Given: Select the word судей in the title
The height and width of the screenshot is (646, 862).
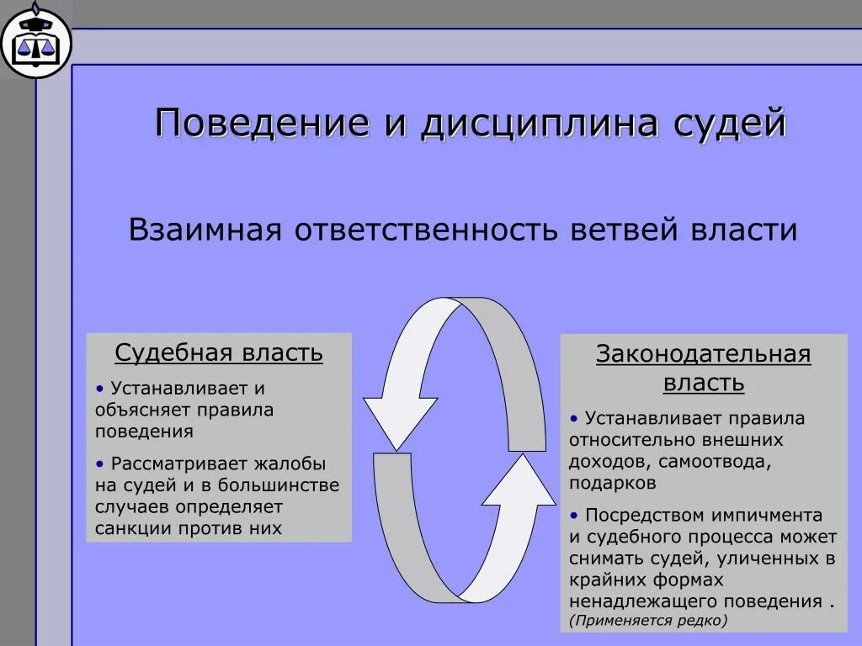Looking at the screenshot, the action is pos(730,123).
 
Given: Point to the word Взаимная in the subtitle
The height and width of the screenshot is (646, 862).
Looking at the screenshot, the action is pos(204,230).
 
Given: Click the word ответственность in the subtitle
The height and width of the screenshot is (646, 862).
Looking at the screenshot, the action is pos(426,230).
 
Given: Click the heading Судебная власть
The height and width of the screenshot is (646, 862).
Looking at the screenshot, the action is pos(219,352).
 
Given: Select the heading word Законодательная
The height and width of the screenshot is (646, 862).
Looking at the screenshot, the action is pos(704,354).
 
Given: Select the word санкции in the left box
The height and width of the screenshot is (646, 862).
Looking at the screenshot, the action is pos(132,529).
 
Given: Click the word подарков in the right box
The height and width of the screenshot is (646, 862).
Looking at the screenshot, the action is pos(612,484).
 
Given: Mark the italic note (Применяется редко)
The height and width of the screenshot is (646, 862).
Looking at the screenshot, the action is pos(647,621).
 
